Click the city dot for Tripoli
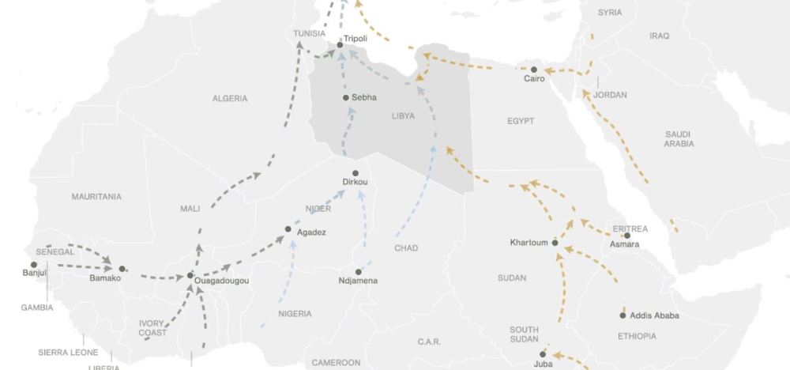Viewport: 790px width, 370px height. [340, 45]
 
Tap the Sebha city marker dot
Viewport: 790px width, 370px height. [346, 98]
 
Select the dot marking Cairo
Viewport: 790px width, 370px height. [533, 68]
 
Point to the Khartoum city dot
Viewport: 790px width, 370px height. [555, 243]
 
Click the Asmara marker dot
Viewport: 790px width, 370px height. [627, 236]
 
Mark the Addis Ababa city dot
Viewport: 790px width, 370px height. [623, 315]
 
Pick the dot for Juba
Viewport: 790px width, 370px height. [543, 354]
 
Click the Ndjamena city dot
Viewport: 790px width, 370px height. [358, 272]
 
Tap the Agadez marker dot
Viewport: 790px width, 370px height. [288, 229]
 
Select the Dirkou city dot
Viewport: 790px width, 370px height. [355, 173]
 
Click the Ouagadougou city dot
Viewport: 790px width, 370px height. [190, 276]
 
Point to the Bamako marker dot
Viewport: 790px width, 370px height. [122, 269]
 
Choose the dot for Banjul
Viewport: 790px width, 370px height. [34, 265]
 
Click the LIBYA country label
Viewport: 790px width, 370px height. [403, 116]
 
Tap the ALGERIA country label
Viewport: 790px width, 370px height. [230, 99]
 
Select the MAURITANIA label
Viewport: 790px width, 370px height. [96, 196]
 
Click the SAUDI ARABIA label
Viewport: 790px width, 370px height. [679, 139]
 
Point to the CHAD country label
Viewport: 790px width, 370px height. [406, 248]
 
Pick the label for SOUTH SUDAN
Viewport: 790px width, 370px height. [524, 334]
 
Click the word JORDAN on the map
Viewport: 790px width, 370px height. [610, 95]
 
